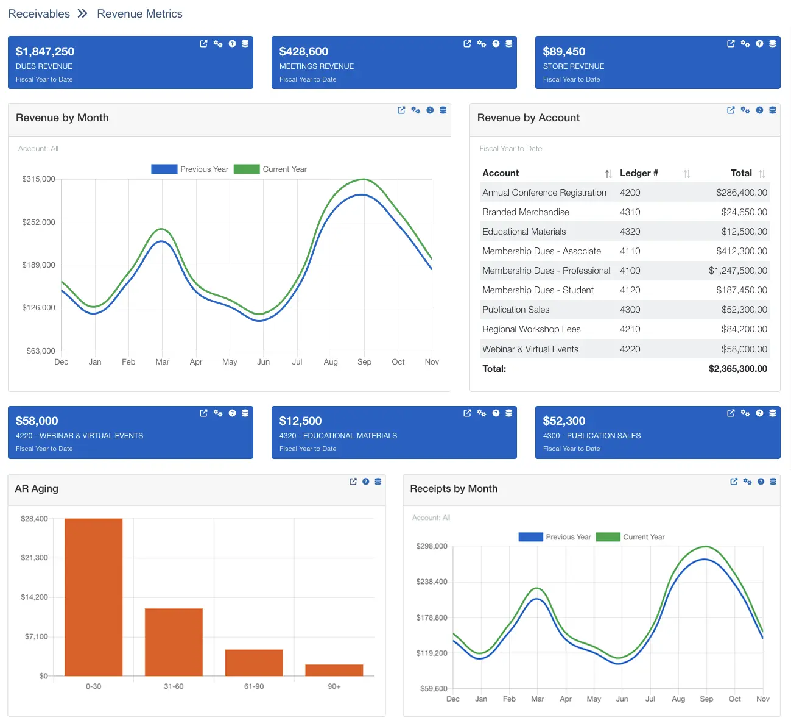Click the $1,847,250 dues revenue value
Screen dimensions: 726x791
[x=45, y=52]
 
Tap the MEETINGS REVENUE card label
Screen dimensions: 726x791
[x=316, y=66]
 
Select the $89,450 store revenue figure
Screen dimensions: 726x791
[x=564, y=52]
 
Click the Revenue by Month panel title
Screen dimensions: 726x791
[x=62, y=118]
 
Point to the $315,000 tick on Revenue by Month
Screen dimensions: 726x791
[x=38, y=179]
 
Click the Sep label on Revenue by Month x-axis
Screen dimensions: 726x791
[x=364, y=362]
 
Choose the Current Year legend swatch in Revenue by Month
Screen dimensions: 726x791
[x=247, y=169]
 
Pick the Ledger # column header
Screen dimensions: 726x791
[x=639, y=173]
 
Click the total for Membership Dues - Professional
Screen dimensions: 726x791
[x=737, y=271]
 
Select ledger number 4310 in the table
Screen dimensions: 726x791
[x=630, y=212]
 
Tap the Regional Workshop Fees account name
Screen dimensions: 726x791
[x=531, y=329]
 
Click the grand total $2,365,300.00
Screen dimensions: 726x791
[x=737, y=369]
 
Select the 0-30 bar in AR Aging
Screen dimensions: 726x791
[x=93, y=597]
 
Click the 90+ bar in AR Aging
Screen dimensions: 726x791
[x=334, y=670]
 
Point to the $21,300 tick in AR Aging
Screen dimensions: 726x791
[x=34, y=558]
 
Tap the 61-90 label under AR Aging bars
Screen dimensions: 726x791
[x=254, y=686]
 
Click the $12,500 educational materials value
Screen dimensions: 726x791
[x=300, y=421]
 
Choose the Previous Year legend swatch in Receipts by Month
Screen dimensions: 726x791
[x=530, y=537]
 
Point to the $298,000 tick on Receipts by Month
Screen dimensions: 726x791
[x=431, y=546]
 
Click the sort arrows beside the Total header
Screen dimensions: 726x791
[x=762, y=174]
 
